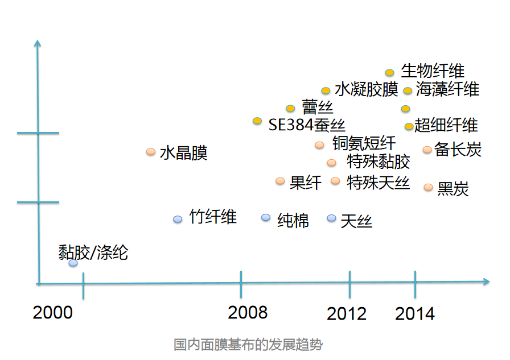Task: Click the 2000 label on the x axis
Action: [x=53, y=312]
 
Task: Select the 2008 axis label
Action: [x=248, y=312]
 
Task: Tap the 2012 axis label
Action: [x=347, y=313]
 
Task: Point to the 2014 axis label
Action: [x=415, y=313]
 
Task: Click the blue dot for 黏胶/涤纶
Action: [x=73, y=263]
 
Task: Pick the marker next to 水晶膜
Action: [x=151, y=152]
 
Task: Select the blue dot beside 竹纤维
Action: [x=178, y=219]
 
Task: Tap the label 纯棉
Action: [x=293, y=220]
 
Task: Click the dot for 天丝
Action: [x=332, y=218]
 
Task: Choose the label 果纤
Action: [x=306, y=183]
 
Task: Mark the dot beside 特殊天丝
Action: [x=335, y=181]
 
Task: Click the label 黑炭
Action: [x=453, y=189]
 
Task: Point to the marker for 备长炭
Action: [x=427, y=150]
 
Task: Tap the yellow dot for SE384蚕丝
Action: [x=257, y=121]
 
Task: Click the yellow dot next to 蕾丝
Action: [x=290, y=108]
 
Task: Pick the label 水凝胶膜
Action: [x=367, y=90]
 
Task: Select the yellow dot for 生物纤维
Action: [x=389, y=72]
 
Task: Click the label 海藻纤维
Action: [x=447, y=89]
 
